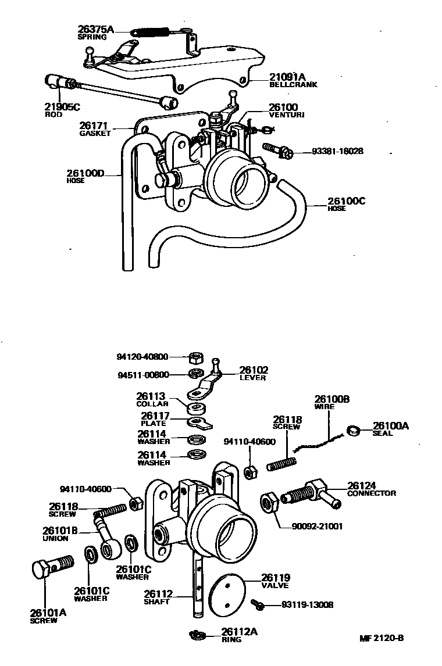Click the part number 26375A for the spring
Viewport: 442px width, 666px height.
click(95, 29)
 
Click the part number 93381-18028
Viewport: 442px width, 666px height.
click(337, 151)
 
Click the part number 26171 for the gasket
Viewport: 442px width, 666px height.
click(94, 126)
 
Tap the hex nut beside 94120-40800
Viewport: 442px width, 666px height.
click(195, 357)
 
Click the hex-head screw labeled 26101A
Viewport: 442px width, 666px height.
click(49, 567)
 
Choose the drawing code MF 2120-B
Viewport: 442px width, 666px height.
click(382, 638)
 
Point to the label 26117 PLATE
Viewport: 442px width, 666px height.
click(155, 419)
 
